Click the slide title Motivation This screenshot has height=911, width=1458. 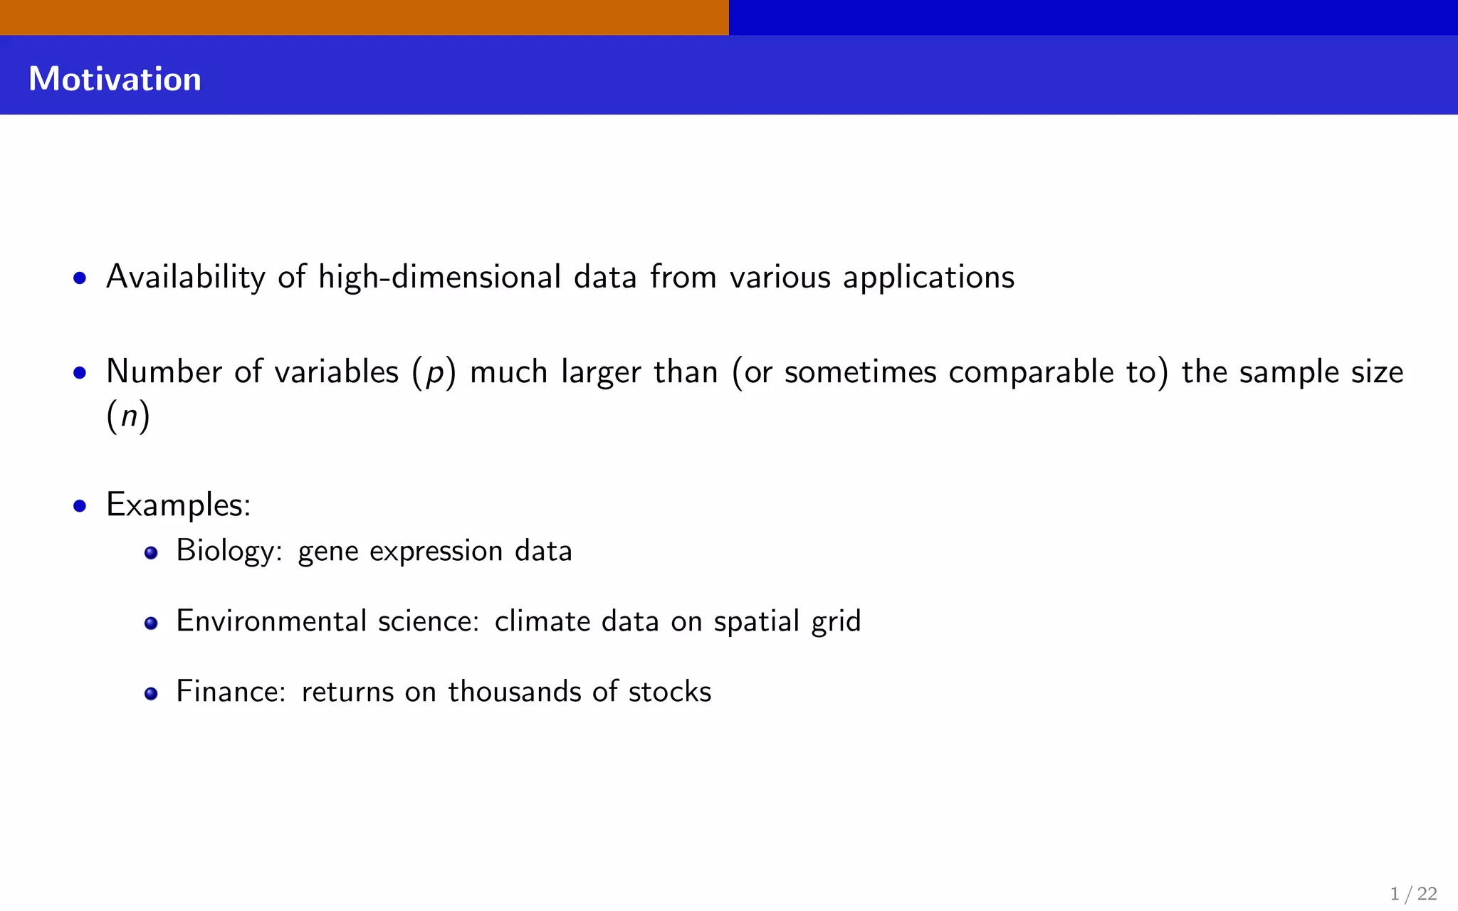(115, 79)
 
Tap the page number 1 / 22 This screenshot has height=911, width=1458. (1413, 893)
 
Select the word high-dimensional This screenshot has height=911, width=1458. (439, 277)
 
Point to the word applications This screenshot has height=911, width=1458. (928, 277)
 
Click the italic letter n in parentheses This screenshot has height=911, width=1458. (128, 416)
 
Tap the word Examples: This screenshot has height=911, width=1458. (178, 505)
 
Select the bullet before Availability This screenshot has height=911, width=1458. (80, 278)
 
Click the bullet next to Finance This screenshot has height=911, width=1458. (151, 694)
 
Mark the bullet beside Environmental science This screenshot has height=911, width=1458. (151, 623)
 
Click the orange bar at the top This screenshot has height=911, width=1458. (364, 17)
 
